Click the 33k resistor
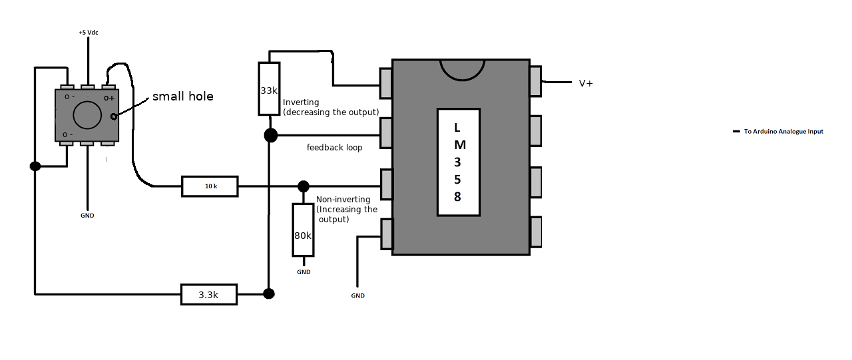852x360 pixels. coord(270,89)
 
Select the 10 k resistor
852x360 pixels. coord(210,186)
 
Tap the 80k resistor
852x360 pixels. coord(303,230)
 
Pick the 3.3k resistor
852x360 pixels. coord(209,294)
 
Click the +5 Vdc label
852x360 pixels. coord(89,33)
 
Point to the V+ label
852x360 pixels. coord(586,83)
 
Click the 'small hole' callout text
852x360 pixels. coord(183,96)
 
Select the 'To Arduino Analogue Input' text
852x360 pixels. coord(783,132)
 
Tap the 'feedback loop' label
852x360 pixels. coord(334,148)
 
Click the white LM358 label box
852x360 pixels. coord(459,162)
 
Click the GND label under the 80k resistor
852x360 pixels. coord(304,272)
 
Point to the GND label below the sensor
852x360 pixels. coord(87,216)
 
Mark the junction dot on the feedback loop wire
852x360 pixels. coord(271,135)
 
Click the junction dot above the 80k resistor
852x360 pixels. coord(303,186)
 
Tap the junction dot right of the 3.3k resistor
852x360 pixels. coord(268,294)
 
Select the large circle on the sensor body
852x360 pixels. coord(87,115)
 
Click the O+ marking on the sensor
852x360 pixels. coord(109,98)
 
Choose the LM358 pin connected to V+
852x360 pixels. coord(536,81)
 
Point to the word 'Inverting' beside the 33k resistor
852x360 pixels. coord(301,102)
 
